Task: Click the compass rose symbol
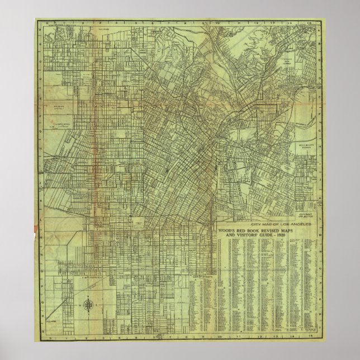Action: pos(89,305)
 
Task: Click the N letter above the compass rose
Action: pos(89,295)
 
